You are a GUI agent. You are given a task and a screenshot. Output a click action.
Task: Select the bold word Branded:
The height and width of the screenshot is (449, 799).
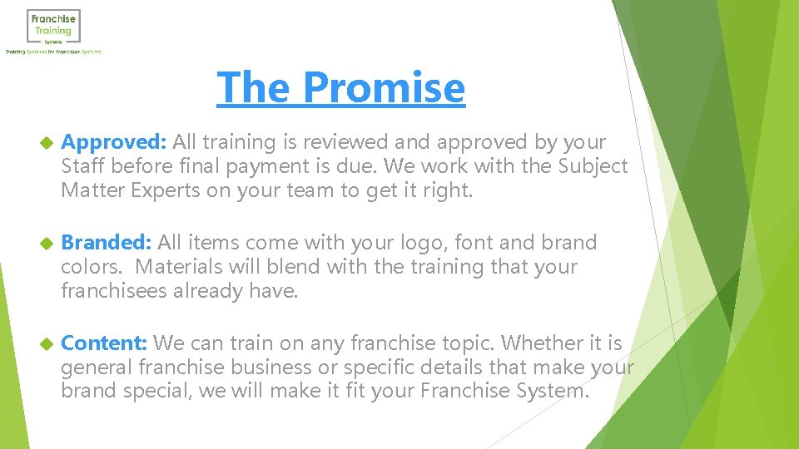[107, 243]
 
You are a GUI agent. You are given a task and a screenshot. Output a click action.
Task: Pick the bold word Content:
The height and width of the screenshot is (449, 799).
[105, 343]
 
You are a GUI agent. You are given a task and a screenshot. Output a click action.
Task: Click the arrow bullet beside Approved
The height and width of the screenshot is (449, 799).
[46, 143]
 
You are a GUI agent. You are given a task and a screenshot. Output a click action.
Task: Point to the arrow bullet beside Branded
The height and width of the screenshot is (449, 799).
[46, 244]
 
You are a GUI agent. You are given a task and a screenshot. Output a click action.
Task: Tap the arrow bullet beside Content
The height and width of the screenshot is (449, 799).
[46, 343]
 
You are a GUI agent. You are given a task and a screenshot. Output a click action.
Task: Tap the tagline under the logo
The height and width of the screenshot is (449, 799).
[53, 52]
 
